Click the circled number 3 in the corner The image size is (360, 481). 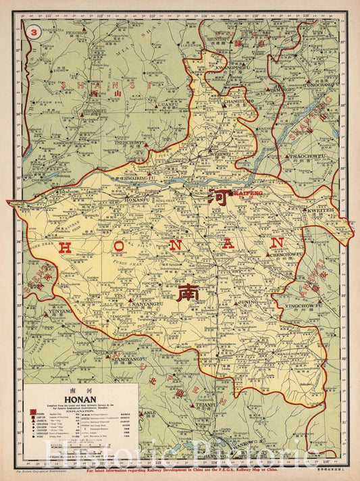[30, 30]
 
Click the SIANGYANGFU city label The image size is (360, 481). [129, 360]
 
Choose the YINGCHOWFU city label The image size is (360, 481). [301, 305]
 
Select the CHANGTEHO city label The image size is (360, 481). [226, 102]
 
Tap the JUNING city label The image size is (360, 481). [249, 303]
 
